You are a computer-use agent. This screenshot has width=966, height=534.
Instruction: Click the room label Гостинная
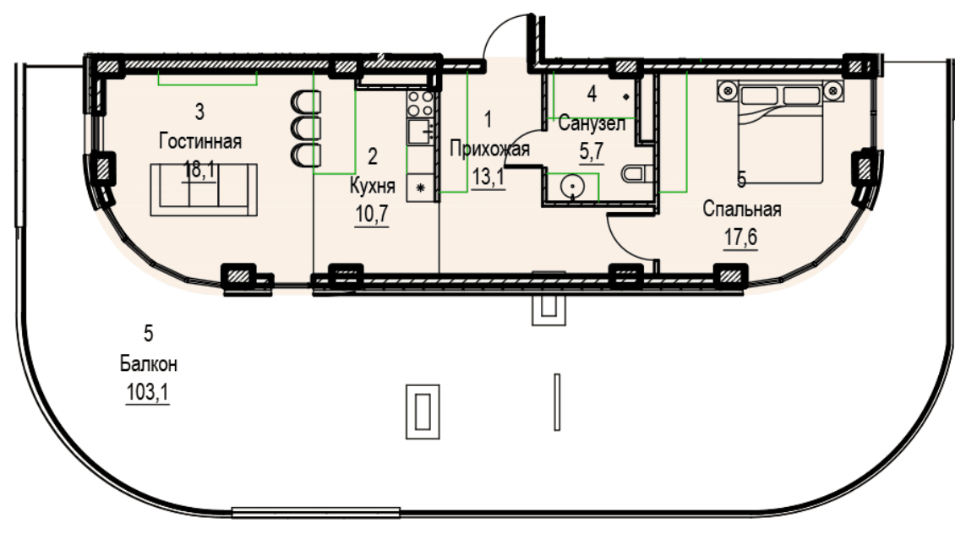(x=200, y=141)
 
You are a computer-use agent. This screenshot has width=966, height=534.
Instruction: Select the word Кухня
(x=372, y=185)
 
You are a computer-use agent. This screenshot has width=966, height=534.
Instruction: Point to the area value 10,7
(x=372, y=214)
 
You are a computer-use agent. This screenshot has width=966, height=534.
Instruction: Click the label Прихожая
(x=489, y=149)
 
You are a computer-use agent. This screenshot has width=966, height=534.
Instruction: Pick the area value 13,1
(x=488, y=177)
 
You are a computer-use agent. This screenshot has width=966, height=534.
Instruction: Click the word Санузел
(x=592, y=124)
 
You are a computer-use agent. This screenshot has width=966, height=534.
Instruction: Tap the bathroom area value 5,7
(x=592, y=151)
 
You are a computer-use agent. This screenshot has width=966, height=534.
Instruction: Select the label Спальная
(x=742, y=210)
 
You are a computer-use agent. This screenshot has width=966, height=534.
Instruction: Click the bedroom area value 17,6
(x=740, y=237)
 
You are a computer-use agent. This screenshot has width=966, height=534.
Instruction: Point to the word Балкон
(x=149, y=364)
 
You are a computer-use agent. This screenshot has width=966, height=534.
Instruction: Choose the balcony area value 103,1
(x=147, y=392)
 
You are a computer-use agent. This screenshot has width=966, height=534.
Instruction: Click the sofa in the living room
(x=204, y=190)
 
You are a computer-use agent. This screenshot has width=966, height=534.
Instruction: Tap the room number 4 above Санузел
(x=592, y=95)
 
